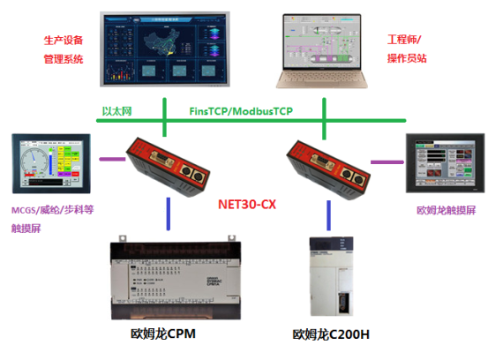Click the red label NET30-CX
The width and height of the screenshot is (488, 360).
pyautogui.click(x=246, y=204)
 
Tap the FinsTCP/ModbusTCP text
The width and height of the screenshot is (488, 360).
pyautogui.click(x=241, y=112)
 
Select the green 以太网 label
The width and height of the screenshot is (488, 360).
pyautogui.click(x=116, y=112)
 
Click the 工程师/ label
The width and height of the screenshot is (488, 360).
pyautogui.click(x=405, y=41)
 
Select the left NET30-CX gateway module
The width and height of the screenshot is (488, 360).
pyautogui.click(x=165, y=165)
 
